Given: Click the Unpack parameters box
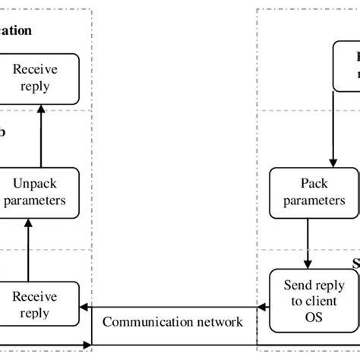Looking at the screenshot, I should tap(39, 192).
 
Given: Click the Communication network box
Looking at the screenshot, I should tap(172, 322).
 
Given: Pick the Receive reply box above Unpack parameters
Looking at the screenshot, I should tap(39, 78).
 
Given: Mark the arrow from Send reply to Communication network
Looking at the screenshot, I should tap(263, 307).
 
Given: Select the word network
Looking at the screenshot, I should tap(218, 322).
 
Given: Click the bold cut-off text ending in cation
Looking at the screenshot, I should tap(15, 30).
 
